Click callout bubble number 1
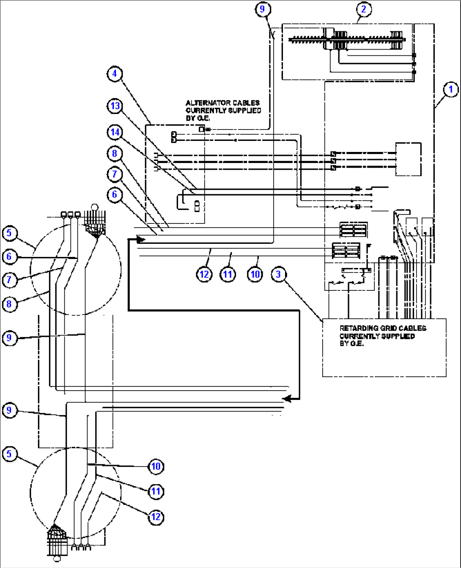click(x=450, y=89)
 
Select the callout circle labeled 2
click(x=364, y=9)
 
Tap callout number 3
click(x=278, y=274)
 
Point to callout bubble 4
click(x=114, y=74)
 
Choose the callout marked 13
click(x=115, y=105)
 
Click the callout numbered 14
click(x=115, y=132)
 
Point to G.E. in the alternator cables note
click(x=198, y=118)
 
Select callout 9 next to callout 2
click(x=263, y=9)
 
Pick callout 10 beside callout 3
click(x=255, y=274)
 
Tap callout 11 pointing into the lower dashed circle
click(x=156, y=491)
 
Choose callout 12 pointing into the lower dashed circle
click(x=156, y=517)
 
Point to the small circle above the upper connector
click(x=95, y=207)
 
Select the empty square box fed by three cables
click(x=408, y=159)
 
